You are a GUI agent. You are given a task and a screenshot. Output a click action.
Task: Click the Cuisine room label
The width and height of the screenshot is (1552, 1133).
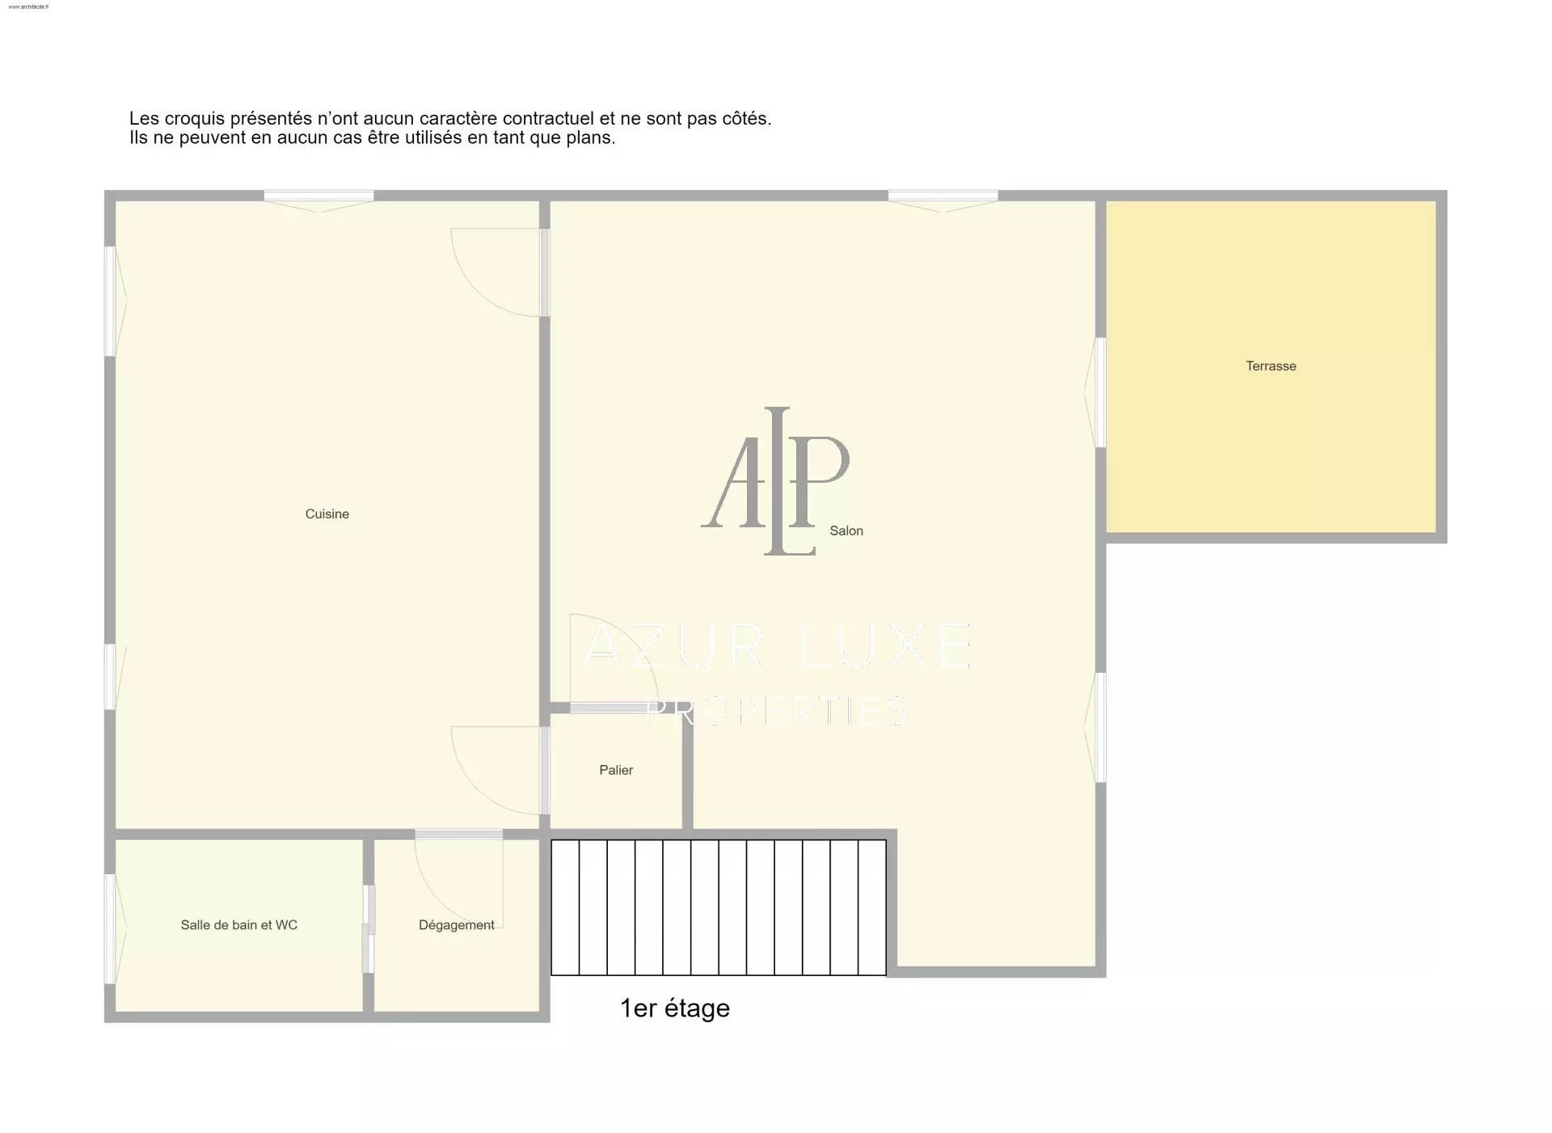point(327,514)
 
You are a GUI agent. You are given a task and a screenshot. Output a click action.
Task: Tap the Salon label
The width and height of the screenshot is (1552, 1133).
point(846,531)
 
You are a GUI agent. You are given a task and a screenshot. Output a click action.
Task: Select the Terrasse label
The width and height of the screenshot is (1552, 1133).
point(1271,366)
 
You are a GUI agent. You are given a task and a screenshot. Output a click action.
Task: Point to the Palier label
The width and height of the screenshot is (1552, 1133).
point(616,771)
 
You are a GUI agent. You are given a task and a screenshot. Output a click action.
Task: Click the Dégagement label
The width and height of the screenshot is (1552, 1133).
point(457,925)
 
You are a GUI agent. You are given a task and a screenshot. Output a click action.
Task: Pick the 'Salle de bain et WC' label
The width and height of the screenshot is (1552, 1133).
point(239,925)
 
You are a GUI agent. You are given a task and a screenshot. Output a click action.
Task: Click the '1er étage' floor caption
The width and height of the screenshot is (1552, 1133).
point(675,1008)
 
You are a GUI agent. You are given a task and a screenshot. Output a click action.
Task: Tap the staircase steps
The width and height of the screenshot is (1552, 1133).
point(719,907)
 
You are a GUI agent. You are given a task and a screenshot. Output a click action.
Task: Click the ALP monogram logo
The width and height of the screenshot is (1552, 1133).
point(776,481)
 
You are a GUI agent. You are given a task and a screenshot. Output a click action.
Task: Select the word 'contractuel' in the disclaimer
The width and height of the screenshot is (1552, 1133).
point(547,119)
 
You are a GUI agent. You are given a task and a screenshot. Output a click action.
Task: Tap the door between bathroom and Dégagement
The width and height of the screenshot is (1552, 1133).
point(369,929)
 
